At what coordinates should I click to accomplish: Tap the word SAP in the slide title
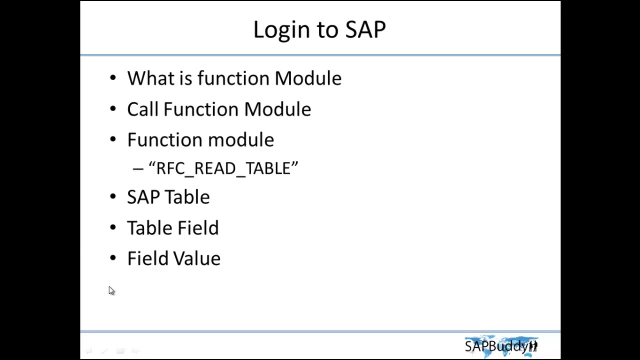pos(365,30)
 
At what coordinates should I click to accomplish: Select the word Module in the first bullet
pos(308,78)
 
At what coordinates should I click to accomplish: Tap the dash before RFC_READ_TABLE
pos(138,169)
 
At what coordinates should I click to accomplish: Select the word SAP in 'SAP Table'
pos(143,197)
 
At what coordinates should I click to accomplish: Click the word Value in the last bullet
pos(197,258)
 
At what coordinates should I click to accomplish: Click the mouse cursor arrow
pos(111,290)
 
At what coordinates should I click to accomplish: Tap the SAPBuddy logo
pos(501,345)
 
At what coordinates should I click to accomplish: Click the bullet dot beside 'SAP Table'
pos(112,197)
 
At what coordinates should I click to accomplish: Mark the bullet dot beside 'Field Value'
pos(112,258)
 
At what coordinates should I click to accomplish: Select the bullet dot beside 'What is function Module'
pos(112,78)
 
